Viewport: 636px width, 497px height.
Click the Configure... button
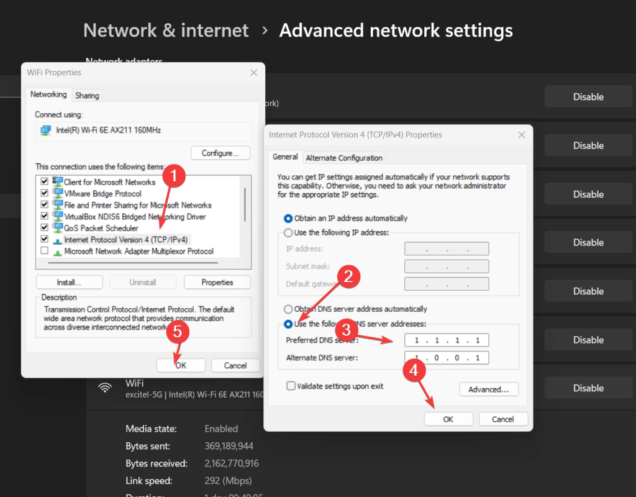[220, 153]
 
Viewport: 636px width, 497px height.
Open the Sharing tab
[87, 95]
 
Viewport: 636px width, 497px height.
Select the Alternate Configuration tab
[345, 158]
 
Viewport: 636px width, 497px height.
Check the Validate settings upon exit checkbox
[291, 386]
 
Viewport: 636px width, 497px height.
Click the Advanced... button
[489, 390]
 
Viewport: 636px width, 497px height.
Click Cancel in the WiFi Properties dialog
[235, 365]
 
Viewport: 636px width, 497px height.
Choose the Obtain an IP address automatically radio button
[288, 218]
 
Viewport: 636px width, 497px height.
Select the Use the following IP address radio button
[288, 232]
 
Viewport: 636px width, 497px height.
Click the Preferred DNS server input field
[446, 340]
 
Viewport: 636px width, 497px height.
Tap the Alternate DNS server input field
[446, 358]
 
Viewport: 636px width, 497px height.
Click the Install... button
[70, 282]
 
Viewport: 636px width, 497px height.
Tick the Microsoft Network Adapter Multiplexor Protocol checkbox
[44, 251]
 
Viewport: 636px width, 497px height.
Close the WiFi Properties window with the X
[253, 73]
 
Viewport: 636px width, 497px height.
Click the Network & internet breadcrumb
[166, 30]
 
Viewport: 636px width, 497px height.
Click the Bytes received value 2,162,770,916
[232, 463]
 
